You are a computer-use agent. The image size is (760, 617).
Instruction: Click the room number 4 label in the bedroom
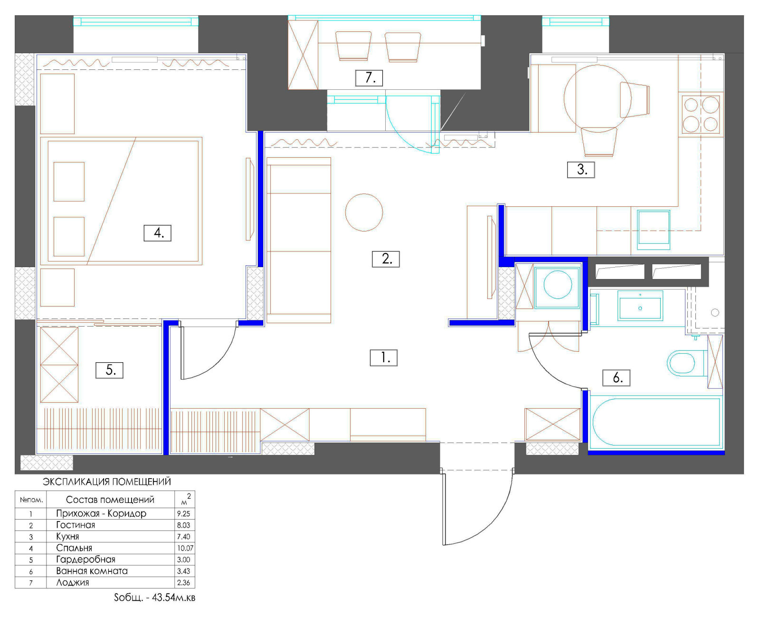[x=157, y=233]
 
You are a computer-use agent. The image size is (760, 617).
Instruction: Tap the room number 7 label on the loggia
[x=369, y=78]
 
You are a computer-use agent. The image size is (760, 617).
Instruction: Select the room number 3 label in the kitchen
[x=581, y=170]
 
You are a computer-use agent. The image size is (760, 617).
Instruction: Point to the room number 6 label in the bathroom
[x=616, y=378]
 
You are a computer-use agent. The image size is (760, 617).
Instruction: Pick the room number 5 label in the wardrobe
[x=110, y=370]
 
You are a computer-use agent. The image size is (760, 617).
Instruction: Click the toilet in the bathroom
[x=687, y=363]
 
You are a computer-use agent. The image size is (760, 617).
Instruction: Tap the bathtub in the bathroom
[x=655, y=422]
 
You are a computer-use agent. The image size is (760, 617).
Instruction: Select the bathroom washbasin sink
[x=640, y=305]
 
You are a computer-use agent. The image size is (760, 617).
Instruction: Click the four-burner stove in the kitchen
[x=701, y=115]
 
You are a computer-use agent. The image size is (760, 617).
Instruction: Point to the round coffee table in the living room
[x=364, y=212]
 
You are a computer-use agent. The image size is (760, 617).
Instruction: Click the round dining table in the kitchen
[x=597, y=98]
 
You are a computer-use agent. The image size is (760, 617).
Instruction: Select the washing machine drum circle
[x=558, y=285]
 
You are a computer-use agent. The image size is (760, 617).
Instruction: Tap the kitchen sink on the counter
[x=654, y=230]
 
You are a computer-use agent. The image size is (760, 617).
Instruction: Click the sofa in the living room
[x=299, y=241]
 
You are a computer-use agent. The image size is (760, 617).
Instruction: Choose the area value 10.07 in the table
[x=185, y=548]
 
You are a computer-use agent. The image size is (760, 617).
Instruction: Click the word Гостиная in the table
[x=76, y=525]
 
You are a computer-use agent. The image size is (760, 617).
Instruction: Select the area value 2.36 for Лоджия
[x=184, y=583]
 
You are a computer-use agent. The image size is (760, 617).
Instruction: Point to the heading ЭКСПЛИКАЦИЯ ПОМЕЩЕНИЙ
[x=107, y=482]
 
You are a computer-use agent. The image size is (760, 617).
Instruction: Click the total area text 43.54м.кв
[x=174, y=598]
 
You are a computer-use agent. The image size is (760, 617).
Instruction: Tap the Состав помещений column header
[x=110, y=500]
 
